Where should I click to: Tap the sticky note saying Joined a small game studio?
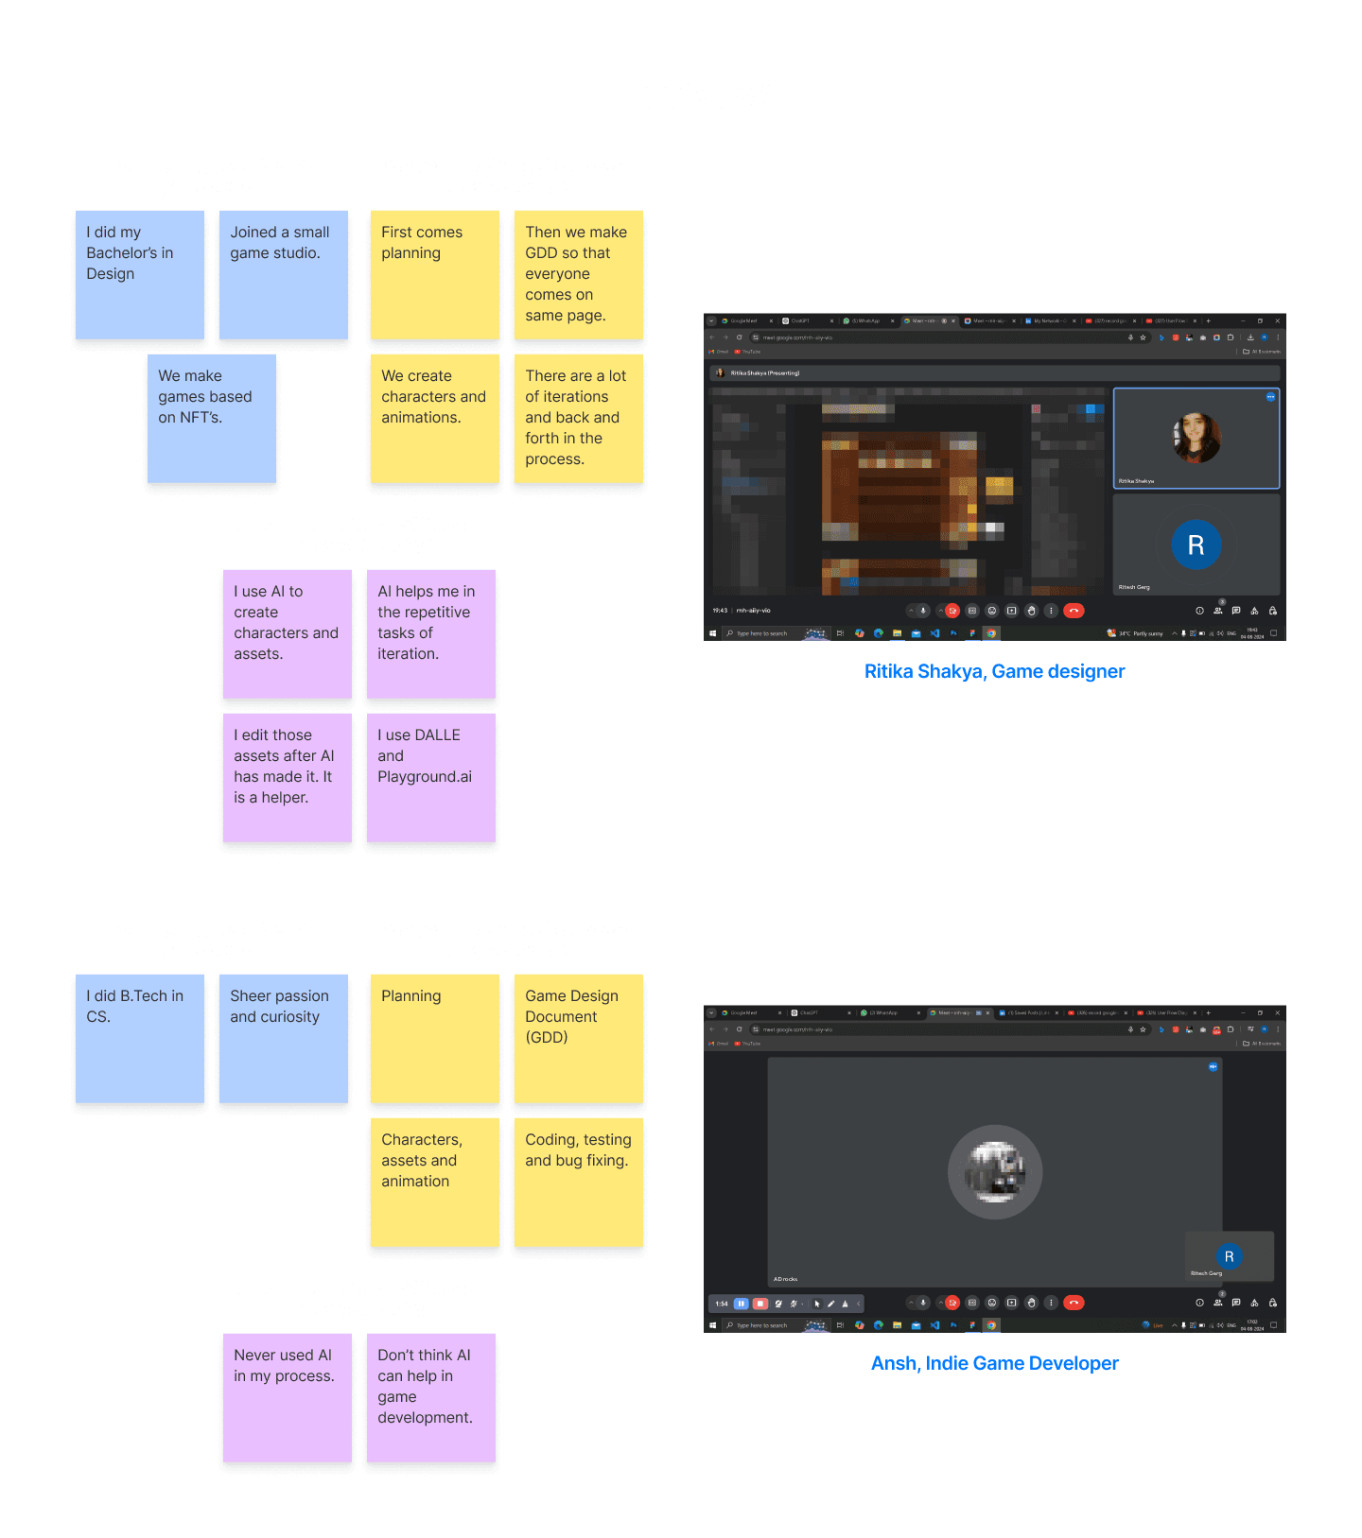[x=283, y=274]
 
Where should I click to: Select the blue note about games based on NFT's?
[x=212, y=418]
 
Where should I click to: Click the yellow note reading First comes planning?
[x=434, y=274]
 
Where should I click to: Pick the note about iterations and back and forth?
[x=578, y=418]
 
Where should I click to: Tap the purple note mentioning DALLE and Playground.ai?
[x=430, y=777]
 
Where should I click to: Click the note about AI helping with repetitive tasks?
[x=430, y=633]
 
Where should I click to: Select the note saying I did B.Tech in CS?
[x=139, y=1038]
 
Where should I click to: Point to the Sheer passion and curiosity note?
[x=283, y=1038]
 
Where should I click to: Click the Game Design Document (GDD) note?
[x=578, y=1038]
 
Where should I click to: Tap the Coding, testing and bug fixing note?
[x=578, y=1182]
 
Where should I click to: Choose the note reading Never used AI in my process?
[x=287, y=1397]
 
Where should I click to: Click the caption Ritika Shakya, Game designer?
[x=994, y=671]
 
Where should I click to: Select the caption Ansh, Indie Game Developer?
[x=994, y=1363]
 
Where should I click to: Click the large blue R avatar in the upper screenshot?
[x=1196, y=544]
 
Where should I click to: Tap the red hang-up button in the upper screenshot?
[x=1074, y=611]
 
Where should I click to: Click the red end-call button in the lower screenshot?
[x=1074, y=1303]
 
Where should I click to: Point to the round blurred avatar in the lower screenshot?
[x=994, y=1171]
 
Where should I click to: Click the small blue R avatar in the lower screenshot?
[x=1229, y=1256]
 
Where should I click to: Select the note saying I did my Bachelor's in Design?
[x=139, y=274]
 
